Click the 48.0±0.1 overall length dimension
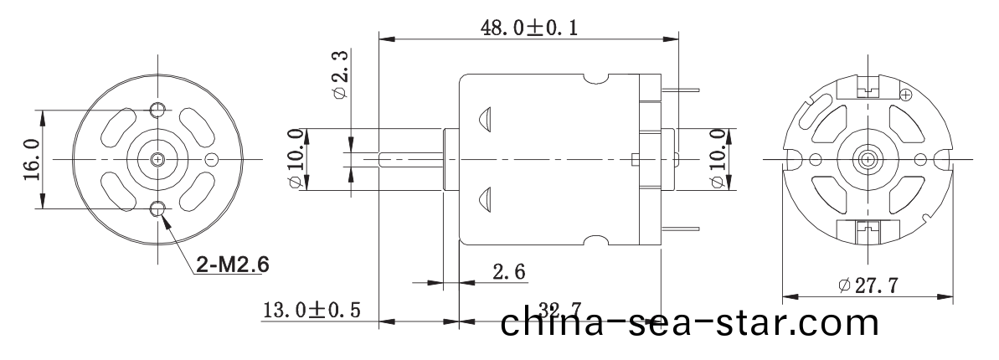pyautogui.click(x=528, y=27)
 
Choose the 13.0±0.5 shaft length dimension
pyautogui.click(x=312, y=311)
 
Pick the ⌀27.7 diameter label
pyautogui.click(x=868, y=285)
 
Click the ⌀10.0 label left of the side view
pyautogui.click(x=295, y=159)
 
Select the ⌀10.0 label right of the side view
pyautogui.click(x=717, y=159)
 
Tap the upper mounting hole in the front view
pyautogui.click(x=158, y=110)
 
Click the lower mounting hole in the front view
pyautogui.click(x=158, y=208)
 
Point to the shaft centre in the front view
pyautogui.click(x=158, y=158)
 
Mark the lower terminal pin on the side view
pyautogui.click(x=682, y=228)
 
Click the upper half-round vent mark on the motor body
pyautogui.click(x=484, y=119)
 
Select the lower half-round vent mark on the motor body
pyautogui.click(x=484, y=198)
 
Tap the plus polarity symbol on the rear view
pyautogui.click(x=904, y=95)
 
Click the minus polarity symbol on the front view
pyautogui.click(x=212, y=159)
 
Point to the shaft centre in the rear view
pyautogui.click(x=867, y=158)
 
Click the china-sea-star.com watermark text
pyautogui.click(x=690, y=322)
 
